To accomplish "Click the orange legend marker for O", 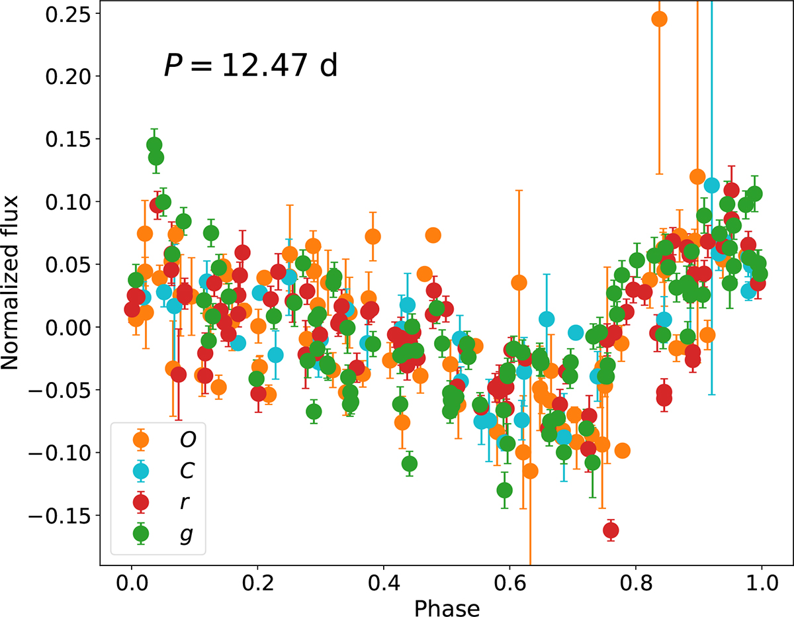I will [140, 438].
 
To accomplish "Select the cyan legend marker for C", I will [140, 471].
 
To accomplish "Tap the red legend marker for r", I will [140, 502].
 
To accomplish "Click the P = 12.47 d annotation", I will [250, 67].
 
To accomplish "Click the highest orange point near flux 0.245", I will [659, 19].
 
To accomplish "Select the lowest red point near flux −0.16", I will [611, 530].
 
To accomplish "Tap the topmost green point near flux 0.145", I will [154, 145].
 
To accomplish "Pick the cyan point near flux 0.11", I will [712, 185].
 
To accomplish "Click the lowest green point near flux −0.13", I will [505, 491].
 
